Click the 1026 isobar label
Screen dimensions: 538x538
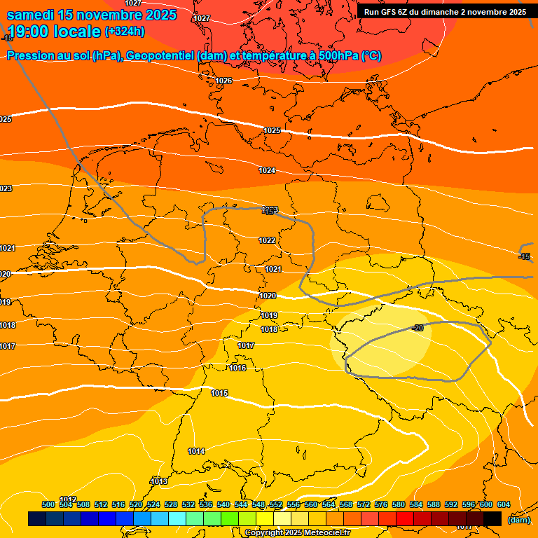pyautogui.click(x=223, y=81)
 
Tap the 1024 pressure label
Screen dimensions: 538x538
pyautogui.click(x=267, y=170)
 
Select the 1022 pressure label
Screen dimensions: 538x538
pyautogui.click(x=267, y=240)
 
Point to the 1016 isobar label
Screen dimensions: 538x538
pyautogui.click(x=237, y=368)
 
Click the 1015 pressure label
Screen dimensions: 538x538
pyautogui.click(x=219, y=393)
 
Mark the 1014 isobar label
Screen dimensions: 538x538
pyautogui.click(x=196, y=451)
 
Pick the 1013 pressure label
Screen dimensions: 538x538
pyautogui.click(x=159, y=481)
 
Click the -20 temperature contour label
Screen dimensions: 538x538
pyautogui.click(x=418, y=328)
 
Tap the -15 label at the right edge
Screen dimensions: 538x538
pyautogui.click(x=524, y=256)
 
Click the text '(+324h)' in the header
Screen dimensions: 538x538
pyautogui.click(x=125, y=32)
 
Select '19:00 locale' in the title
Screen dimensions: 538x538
pyautogui.click(x=54, y=32)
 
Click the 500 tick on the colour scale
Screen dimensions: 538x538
pyautogui.click(x=48, y=504)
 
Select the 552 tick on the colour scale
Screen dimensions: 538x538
pyautogui.click(x=276, y=504)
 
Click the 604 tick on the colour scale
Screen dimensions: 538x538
pyautogui.click(x=503, y=504)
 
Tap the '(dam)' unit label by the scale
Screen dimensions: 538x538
pyautogui.click(x=518, y=519)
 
